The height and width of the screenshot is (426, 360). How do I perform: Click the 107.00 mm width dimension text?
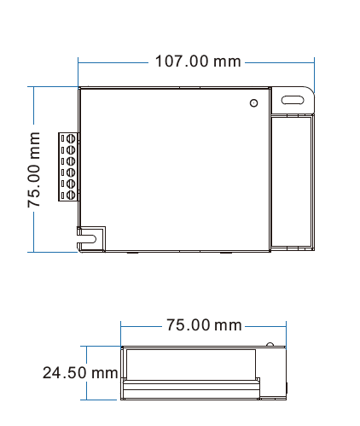coord(197,61)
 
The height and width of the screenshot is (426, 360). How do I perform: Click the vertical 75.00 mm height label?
coord(35,169)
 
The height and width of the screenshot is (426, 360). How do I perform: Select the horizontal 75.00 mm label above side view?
coord(204,325)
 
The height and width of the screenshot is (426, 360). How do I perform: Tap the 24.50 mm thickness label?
coord(80,372)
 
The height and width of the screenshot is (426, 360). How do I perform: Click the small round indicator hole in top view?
coord(253,104)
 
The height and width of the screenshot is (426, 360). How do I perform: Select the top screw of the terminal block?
coord(72,137)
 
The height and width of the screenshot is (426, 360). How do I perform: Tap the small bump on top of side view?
coord(270,345)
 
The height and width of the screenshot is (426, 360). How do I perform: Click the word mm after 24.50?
coord(104,372)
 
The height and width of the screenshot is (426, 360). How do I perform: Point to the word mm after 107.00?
coord(227,61)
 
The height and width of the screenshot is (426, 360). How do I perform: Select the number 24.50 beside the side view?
coord(66,372)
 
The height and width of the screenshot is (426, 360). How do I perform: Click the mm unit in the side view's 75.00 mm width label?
coord(228,325)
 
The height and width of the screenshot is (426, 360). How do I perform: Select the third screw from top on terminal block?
coord(72,160)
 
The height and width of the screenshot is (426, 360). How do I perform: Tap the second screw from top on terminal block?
coord(72,149)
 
